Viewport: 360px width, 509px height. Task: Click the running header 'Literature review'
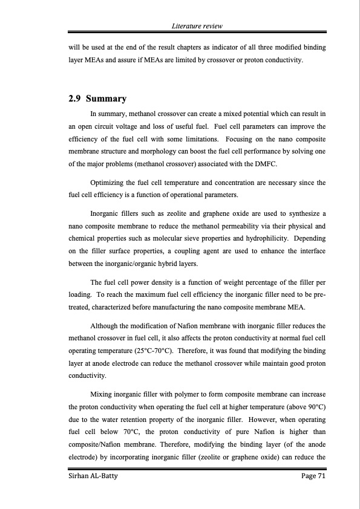pyautogui.click(x=197, y=26)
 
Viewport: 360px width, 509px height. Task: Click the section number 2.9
pyautogui.click(x=75, y=99)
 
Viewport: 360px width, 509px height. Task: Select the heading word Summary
pyautogui.click(x=106, y=99)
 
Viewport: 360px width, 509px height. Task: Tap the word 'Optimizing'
pyautogui.click(x=106, y=183)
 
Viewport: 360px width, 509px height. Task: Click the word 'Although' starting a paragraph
pyautogui.click(x=105, y=326)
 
